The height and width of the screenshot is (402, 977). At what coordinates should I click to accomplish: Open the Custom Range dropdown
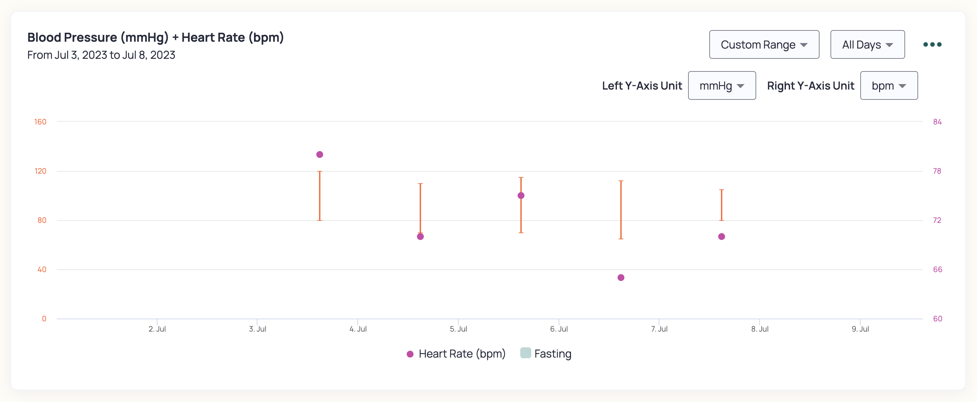pyautogui.click(x=764, y=44)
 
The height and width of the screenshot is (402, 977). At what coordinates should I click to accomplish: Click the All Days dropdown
pyautogui.click(x=867, y=44)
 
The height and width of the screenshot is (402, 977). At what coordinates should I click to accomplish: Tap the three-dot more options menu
pyautogui.click(x=932, y=44)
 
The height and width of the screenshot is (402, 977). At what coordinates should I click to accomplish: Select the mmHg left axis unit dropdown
pyautogui.click(x=722, y=85)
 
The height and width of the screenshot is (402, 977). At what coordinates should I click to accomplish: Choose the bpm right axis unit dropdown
pyautogui.click(x=889, y=85)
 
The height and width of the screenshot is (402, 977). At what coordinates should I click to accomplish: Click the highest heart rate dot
pyautogui.click(x=320, y=155)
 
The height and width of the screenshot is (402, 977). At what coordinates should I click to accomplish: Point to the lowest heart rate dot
pyautogui.click(x=621, y=278)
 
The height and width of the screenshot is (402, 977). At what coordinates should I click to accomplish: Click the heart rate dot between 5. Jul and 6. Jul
pyautogui.click(x=521, y=196)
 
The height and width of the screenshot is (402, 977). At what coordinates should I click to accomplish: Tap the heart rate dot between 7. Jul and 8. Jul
pyautogui.click(x=721, y=237)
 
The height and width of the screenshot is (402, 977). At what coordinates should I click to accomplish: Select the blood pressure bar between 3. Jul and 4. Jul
pyautogui.click(x=320, y=196)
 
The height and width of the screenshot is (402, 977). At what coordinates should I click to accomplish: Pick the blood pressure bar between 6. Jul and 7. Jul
pyautogui.click(x=621, y=210)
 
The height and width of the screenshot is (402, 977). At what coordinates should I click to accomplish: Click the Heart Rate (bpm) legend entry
pyautogui.click(x=456, y=354)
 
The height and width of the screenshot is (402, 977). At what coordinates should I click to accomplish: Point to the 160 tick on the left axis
pyautogui.click(x=40, y=122)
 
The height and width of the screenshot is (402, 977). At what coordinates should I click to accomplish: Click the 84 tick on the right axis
pyautogui.click(x=937, y=122)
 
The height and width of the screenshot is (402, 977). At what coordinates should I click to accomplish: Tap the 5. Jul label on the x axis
pyautogui.click(x=458, y=329)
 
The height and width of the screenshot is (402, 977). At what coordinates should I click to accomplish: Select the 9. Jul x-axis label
pyautogui.click(x=860, y=329)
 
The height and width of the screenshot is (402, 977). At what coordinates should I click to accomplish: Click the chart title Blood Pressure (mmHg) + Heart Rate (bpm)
pyautogui.click(x=155, y=38)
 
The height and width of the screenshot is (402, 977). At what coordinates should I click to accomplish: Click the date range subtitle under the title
pyautogui.click(x=101, y=55)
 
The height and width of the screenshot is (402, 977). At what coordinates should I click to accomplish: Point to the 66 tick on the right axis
pyautogui.click(x=938, y=269)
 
